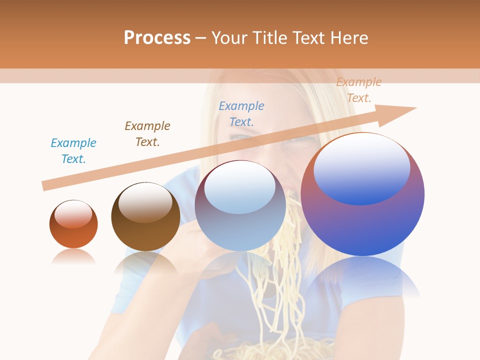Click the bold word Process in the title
(157, 37)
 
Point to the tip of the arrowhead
(416, 107)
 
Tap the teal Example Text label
(73, 151)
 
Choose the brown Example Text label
(147, 134)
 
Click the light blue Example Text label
(241, 113)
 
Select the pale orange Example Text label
(359, 90)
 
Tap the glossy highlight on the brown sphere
(145, 202)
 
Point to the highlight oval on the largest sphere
(362, 169)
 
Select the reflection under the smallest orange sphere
(73, 256)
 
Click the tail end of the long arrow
(44, 185)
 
